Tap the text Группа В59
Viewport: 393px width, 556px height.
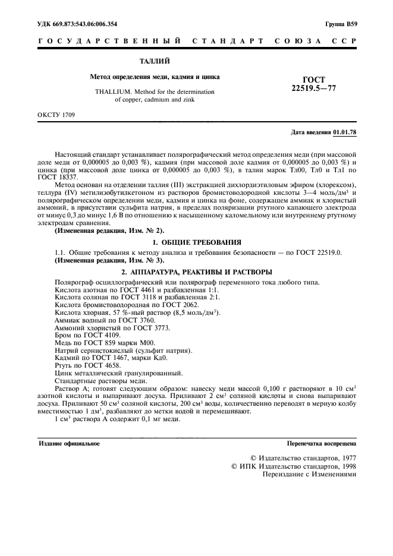tap(341, 24)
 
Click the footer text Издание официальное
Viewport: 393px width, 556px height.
tap(69, 443)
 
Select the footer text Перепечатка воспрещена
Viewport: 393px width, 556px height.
tap(321, 443)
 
